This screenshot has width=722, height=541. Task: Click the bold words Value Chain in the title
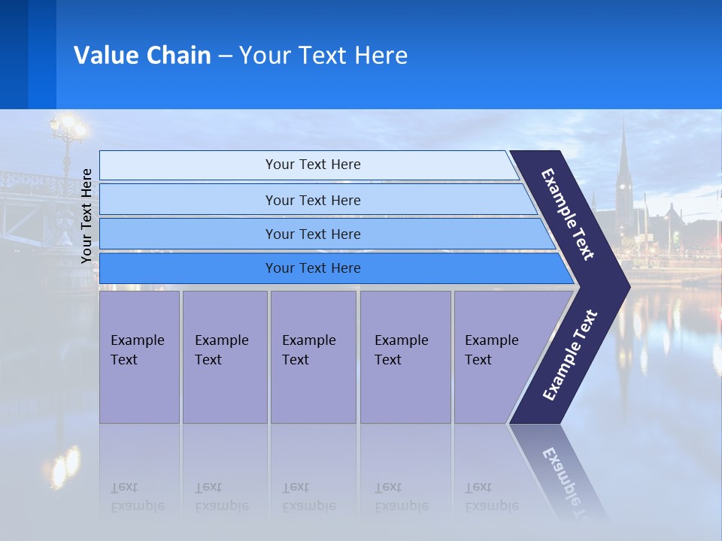(x=142, y=56)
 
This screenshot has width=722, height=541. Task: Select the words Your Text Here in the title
(x=323, y=56)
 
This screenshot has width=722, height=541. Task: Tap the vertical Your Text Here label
(x=86, y=216)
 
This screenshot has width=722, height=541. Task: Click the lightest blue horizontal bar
(x=312, y=165)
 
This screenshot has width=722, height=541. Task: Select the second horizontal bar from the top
(x=312, y=200)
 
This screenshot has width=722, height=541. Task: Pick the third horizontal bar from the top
(x=312, y=234)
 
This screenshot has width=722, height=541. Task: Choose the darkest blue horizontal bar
(x=312, y=268)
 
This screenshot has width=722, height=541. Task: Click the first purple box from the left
(x=139, y=357)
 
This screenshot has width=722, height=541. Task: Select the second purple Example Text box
(x=224, y=357)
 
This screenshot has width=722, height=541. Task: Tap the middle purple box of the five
(x=313, y=357)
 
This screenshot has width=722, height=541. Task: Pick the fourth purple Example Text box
(x=405, y=357)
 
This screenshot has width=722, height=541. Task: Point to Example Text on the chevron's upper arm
(x=568, y=214)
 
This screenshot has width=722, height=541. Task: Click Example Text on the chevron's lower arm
(x=570, y=355)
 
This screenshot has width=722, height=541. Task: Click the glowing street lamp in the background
(x=68, y=128)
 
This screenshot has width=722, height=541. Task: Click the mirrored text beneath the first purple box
(x=138, y=497)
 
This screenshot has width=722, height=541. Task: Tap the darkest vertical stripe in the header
(x=14, y=54)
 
